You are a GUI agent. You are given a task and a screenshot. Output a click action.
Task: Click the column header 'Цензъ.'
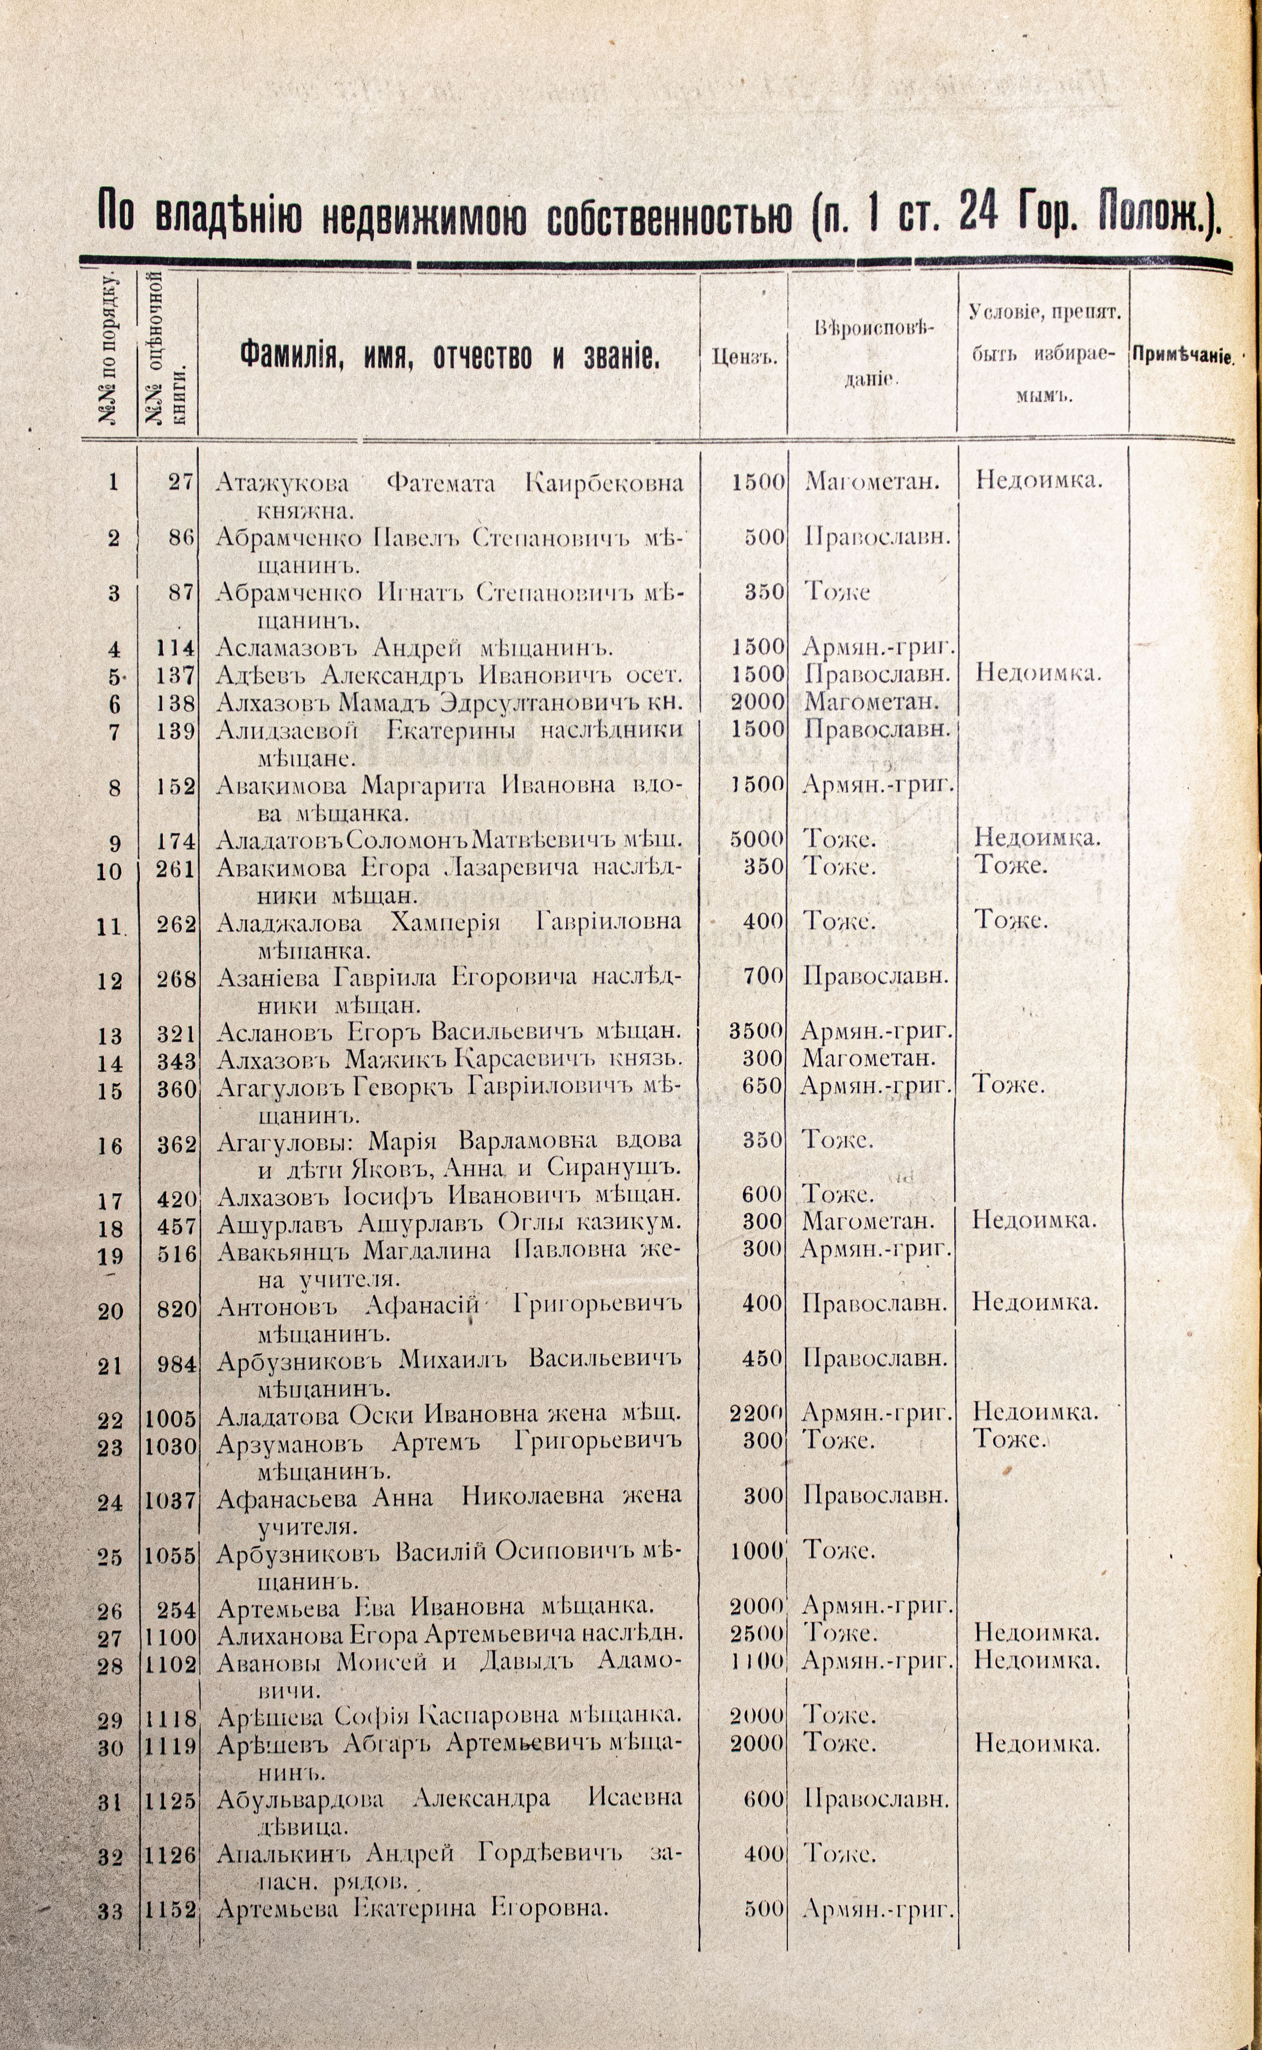click(x=744, y=358)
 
